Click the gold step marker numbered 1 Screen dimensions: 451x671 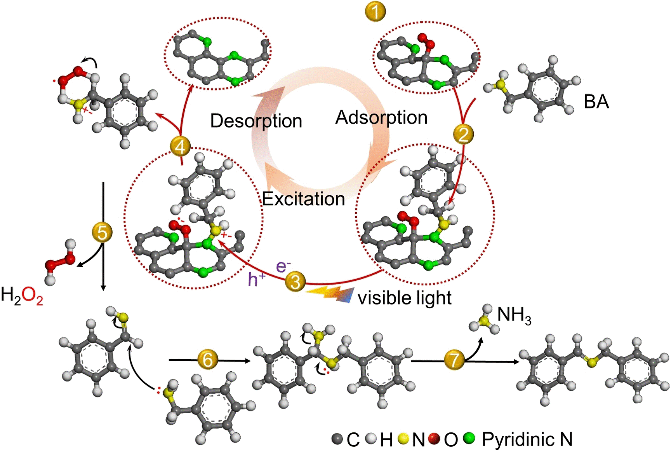coord(375,11)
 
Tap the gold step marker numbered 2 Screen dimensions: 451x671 coord(464,134)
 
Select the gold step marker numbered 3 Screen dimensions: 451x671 coord(295,281)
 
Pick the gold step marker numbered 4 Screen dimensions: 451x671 coord(180,147)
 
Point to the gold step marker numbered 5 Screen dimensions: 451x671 coord(102,232)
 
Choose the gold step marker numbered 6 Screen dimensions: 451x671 coord(208,360)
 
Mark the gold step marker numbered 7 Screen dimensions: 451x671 coord(454,360)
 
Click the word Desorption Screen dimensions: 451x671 coord(256,121)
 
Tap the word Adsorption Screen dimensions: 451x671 coord(381,117)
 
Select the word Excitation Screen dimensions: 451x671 coord(303,199)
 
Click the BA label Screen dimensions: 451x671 coord(596,102)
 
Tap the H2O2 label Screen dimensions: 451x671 coord(22,295)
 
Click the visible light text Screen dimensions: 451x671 coord(405,298)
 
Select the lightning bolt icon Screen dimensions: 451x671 coord(330,295)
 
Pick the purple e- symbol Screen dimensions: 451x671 coord(283,266)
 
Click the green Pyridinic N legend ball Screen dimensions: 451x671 coord(469,439)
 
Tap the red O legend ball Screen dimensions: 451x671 coord(434,439)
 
